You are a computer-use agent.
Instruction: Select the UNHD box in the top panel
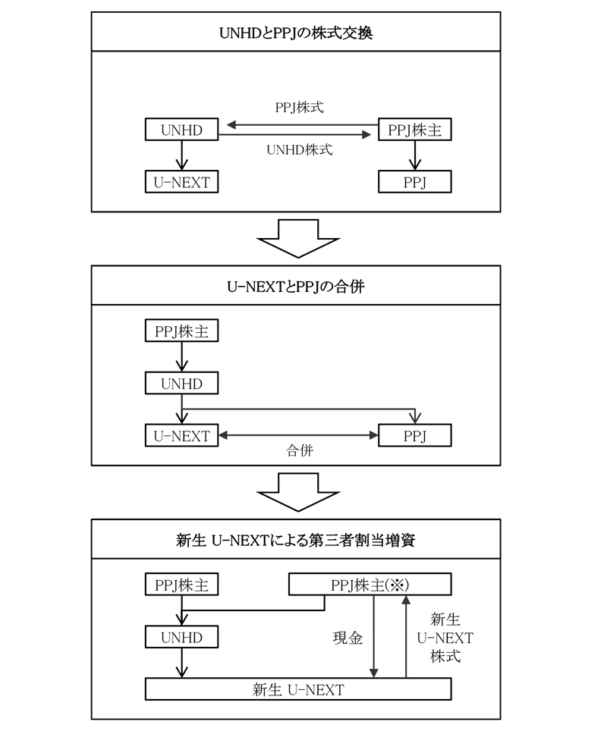181,130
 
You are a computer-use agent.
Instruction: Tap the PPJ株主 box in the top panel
414,130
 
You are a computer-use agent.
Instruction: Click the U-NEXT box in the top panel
181,182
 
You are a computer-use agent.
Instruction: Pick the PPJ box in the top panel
414,182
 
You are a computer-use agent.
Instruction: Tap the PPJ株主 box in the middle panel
181,332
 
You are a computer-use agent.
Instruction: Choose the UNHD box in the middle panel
181,384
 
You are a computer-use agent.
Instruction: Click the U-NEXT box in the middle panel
181,435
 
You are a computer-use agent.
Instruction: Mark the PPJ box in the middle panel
414,435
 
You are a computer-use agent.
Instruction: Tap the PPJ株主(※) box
370,585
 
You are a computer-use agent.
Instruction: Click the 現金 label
348,638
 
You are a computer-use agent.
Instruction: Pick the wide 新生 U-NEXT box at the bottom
298,689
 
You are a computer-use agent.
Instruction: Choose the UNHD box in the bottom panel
181,638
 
